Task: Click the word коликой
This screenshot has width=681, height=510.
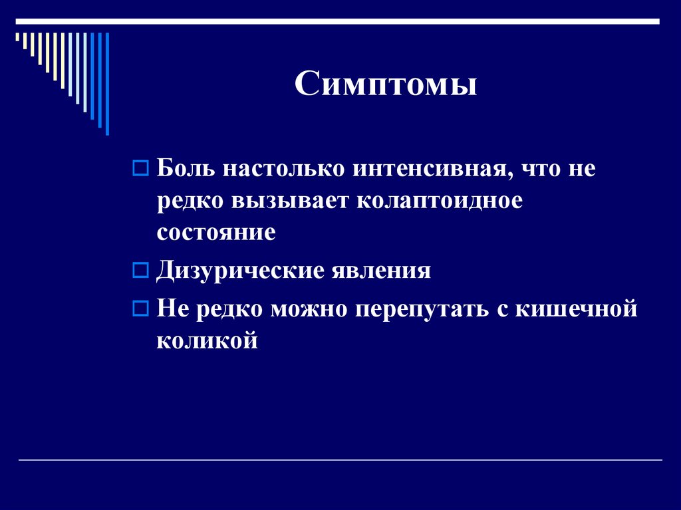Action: pos(207,341)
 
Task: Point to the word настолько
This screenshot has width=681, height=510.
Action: pos(284,169)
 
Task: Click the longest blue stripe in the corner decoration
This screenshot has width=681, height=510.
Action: pos(107,83)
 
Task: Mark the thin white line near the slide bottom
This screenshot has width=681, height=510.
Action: pos(340,460)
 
